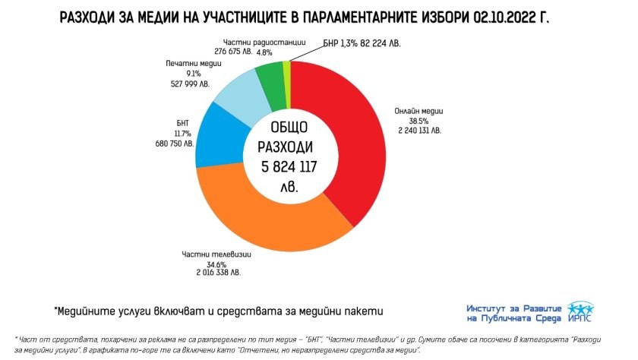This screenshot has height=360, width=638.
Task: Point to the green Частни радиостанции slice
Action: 270,76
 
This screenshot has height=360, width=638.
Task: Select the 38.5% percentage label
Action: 403,121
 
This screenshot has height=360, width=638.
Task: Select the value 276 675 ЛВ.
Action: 234,52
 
